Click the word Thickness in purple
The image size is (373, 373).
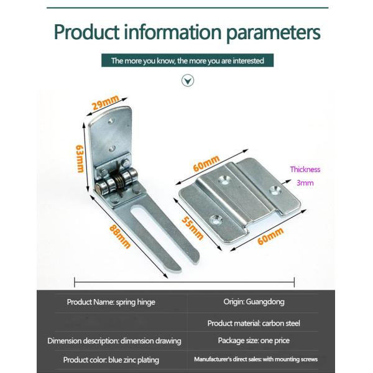tap(305, 169)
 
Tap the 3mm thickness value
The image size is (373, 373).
tap(305, 183)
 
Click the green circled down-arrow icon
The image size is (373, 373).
tap(187, 80)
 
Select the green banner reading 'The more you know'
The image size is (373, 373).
tap(187, 60)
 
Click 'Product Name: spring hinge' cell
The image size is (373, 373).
tap(112, 302)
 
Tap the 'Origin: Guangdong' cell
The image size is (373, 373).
tap(254, 302)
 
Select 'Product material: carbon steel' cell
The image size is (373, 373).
tap(254, 323)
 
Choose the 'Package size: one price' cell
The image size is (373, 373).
tap(254, 341)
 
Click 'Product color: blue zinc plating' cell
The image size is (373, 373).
tap(112, 359)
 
